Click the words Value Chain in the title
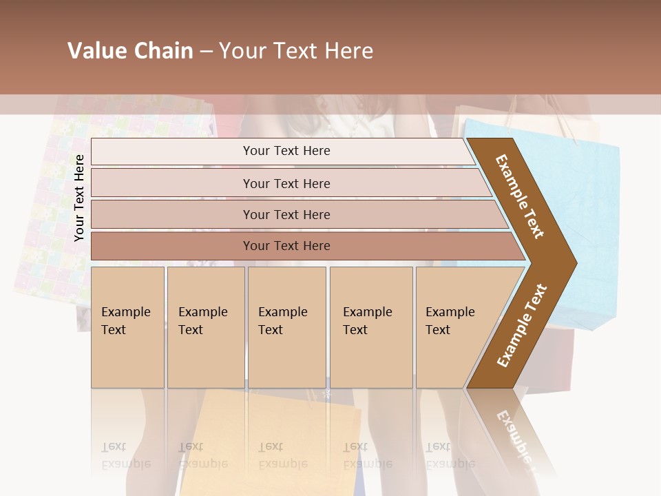[x=130, y=51]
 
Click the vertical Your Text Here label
[x=79, y=198]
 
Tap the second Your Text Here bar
[x=286, y=183]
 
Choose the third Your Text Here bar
[x=286, y=214]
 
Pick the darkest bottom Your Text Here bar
[x=286, y=246]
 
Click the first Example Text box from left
[x=127, y=327]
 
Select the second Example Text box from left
[x=206, y=327]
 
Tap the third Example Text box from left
[x=286, y=327]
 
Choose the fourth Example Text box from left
[x=371, y=327]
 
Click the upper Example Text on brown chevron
[x=521, y=196]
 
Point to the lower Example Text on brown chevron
[x=522, y=326]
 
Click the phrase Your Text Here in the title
[x=296, y=51]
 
